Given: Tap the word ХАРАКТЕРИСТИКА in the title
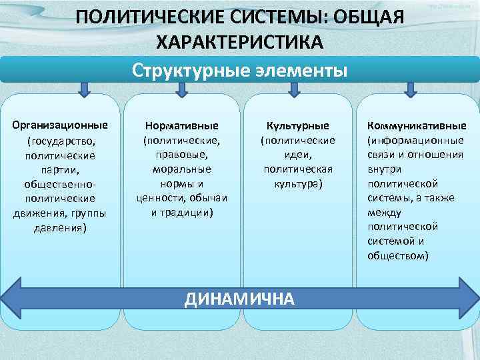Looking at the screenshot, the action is click(x=239, y=42).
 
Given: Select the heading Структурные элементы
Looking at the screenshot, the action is click(x=239, y=70).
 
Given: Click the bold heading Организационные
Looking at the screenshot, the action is click(x=59, y=125).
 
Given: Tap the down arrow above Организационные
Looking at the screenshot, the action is click(x=85, y=89).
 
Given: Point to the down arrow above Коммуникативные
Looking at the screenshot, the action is click(x=411, y=89).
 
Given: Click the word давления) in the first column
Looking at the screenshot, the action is click(x=59, y=227).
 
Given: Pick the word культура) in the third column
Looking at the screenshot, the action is click(x=297, y=183).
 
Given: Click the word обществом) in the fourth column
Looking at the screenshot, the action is click(x=398, y=255).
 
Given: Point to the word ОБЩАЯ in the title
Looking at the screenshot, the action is click(x=369, y=16).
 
